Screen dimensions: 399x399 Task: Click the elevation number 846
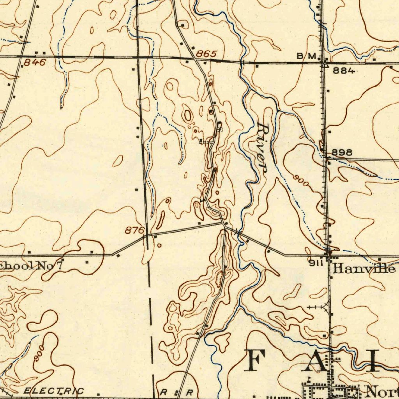point(35,62)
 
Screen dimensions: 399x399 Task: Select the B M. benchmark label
point(306,56)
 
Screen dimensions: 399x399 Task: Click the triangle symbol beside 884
point(325,65)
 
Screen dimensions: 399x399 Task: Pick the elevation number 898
point(342,152)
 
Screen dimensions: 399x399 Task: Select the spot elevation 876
point(134,231)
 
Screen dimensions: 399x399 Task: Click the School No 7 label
point(31,267)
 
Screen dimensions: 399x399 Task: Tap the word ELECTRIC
point(53,391)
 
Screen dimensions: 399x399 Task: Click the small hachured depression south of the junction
point(219,278)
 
